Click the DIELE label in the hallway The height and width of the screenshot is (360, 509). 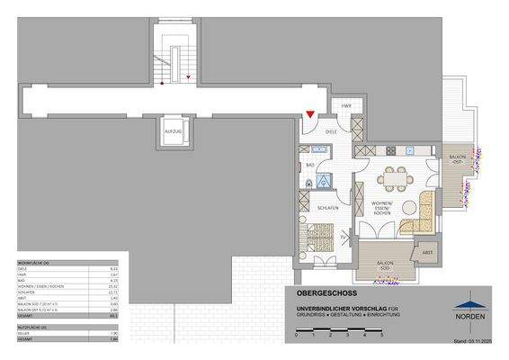(x=331, y=131)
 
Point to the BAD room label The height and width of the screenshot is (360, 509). (x=309, y=165)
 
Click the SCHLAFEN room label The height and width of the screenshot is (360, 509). (x=327, y=208)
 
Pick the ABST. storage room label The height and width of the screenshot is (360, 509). (x=428, y=254)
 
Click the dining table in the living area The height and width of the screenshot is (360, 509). (x=392, y=179)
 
